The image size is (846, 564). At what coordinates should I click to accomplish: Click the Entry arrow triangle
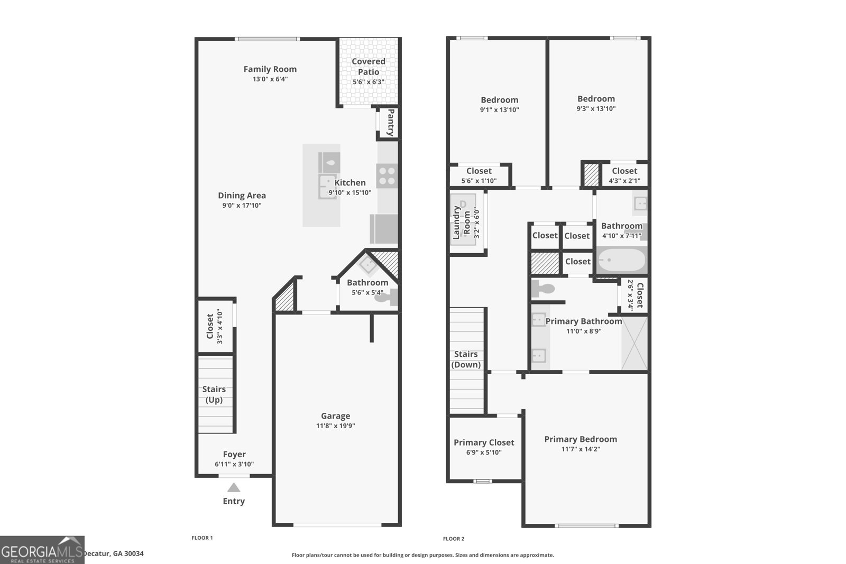click(234, 487)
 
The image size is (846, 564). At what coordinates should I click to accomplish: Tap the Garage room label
click(335, 415)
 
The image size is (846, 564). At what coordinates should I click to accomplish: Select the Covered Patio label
click(369, 67)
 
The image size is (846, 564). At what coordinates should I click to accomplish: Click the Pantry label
click(391, 122)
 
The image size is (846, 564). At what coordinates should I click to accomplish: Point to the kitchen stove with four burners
click(387, 176)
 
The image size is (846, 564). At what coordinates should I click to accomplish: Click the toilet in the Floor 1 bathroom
click(387, 297)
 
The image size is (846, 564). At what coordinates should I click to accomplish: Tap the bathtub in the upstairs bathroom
click(622, 260)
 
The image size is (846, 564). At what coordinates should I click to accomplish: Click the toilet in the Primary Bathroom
click(542, 289)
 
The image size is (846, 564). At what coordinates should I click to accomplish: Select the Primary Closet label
click(484, 442)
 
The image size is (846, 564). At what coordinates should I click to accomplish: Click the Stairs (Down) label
click(466, 359)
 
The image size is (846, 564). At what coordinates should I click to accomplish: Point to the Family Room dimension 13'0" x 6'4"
click(270, 79)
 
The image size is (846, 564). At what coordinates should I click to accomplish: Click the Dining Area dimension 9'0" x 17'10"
click(242, 206)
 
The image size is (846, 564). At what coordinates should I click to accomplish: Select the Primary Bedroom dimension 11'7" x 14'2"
click(581, 449)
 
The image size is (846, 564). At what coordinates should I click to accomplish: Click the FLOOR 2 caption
click(454, 539)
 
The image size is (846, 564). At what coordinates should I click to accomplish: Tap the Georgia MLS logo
click(42, 550)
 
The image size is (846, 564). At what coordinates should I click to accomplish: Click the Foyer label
click(234, 454)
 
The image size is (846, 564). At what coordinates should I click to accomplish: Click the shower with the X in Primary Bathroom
click(635, 343)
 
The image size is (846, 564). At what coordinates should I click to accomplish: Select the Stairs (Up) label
click(214, 394)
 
